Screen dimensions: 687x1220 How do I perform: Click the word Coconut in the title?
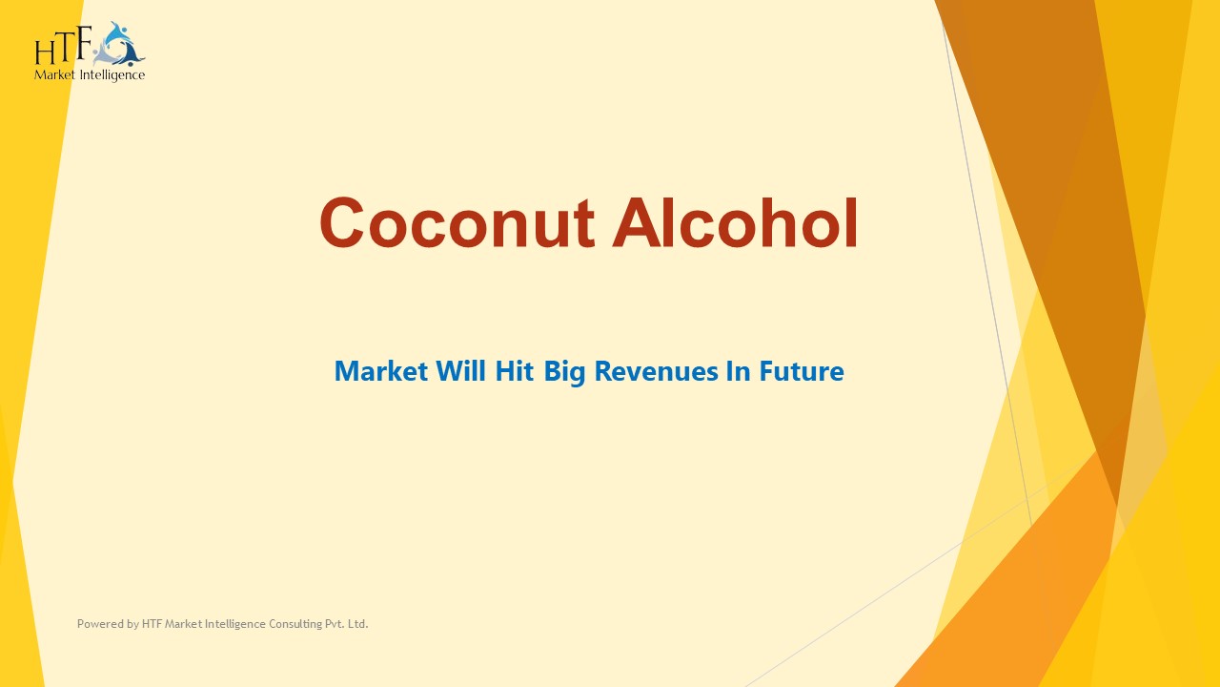pos(457,223)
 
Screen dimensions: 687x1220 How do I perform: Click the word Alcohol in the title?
pos(735,223)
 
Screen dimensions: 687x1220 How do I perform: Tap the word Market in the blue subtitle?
pos(381,371)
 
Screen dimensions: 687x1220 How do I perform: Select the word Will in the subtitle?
pos(460,371)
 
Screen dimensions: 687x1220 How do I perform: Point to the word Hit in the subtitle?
pos(516,371)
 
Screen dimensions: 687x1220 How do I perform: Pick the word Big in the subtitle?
pos(565,372)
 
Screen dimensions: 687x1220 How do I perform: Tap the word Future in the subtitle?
pos(801,371)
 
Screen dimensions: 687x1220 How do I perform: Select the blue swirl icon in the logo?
pos(121,44)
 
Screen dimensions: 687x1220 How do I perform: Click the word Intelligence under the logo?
pos(110,75)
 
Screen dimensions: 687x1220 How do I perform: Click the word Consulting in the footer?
pos(277,624)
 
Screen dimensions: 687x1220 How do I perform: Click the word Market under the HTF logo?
pos(53,75)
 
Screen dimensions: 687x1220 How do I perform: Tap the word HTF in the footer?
pos(152,624)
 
